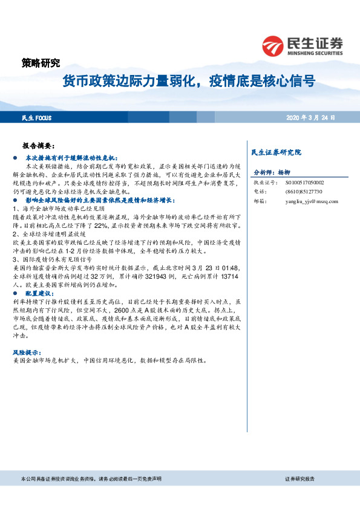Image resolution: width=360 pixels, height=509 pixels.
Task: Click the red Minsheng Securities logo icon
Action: (273, 45)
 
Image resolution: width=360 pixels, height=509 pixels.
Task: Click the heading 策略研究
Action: (41, 62)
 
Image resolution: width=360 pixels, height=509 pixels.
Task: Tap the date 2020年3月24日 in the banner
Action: (310, 117)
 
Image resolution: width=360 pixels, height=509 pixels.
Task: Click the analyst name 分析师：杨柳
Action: (272, 172)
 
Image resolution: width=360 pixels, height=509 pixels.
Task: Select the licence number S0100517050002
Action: (304, 182)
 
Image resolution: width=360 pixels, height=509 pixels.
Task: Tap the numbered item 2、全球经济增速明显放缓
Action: (50, 233)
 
